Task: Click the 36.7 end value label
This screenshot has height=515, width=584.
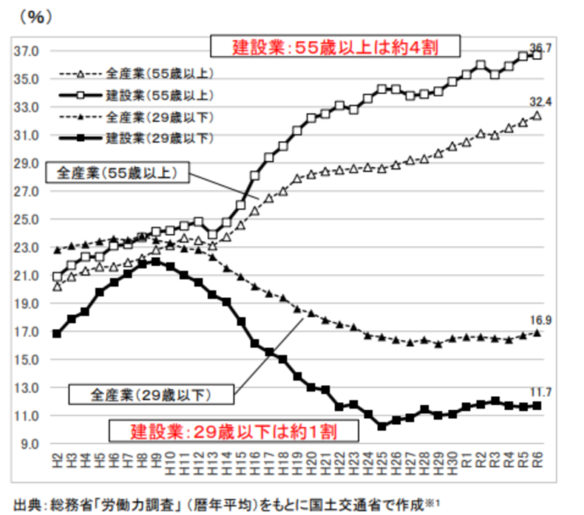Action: [540, 48]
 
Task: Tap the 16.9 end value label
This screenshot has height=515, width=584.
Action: [540, 319]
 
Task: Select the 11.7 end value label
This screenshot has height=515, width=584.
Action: [540, 393]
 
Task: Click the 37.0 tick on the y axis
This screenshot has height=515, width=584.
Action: [26, 51]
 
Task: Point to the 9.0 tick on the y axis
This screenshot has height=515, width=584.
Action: [29, 444]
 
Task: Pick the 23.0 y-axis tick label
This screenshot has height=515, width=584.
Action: [26, 247]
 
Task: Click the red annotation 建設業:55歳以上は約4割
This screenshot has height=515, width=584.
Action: [336, 47]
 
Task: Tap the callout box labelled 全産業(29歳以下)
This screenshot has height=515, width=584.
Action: [151, 394]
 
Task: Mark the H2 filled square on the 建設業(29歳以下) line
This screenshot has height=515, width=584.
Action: [57, 333]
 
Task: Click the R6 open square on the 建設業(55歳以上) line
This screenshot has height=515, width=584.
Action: [537, 54]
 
